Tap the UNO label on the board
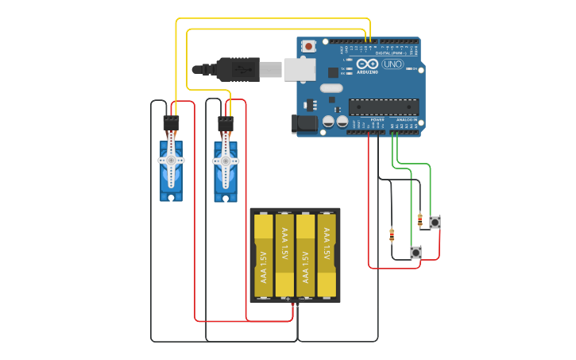[392, 64]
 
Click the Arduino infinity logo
[367, 64]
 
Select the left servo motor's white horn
[171, 160]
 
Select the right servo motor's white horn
[225, 161]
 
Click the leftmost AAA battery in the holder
[263, 255]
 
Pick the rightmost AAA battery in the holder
[327, 255]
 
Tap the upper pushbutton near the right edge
[435, 223]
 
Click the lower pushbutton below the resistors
[416, 253]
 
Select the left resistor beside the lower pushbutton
[392, 234]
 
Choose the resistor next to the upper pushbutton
[419, 219]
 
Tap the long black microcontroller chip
[384, 106]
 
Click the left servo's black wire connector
[171, 123]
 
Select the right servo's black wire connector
[225, 124]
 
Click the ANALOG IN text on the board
[406, 119]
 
